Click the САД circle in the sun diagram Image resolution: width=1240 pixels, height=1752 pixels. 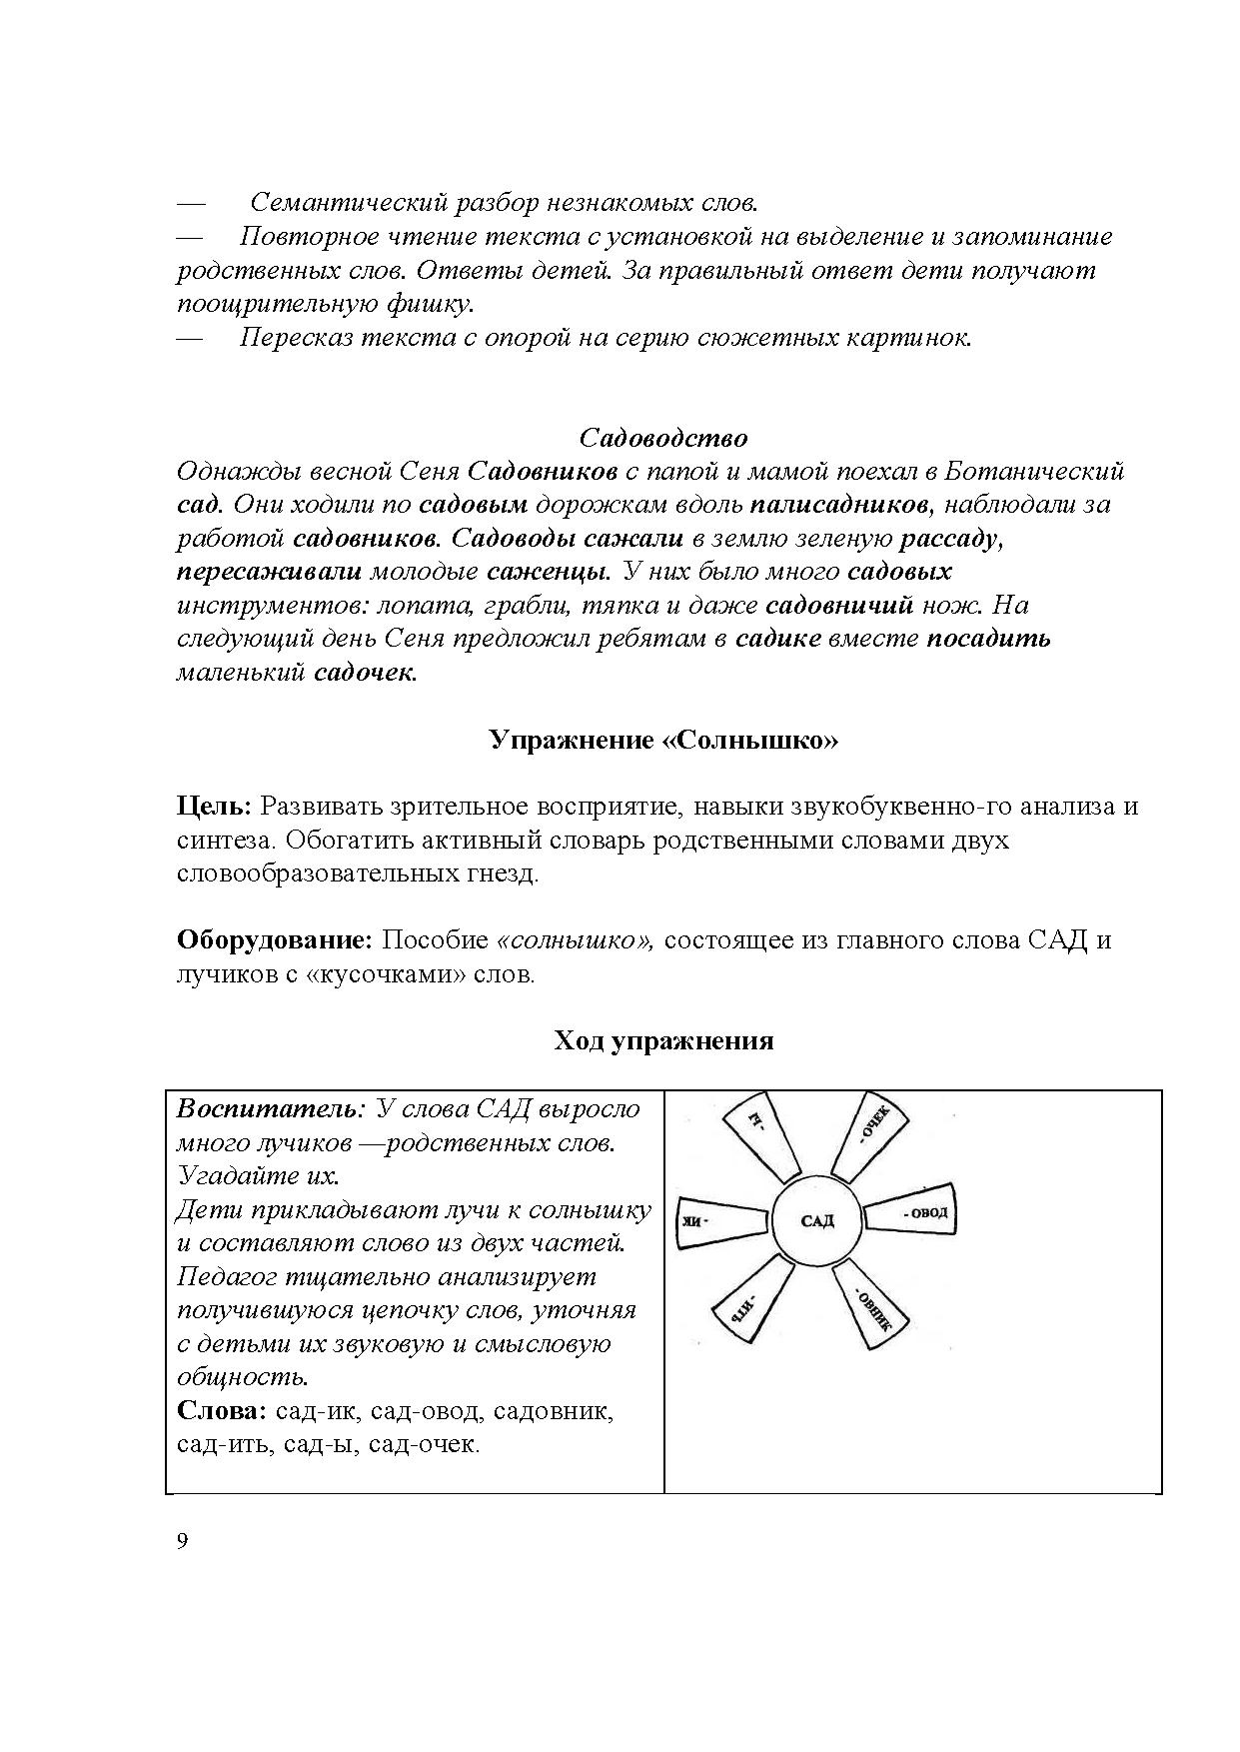[x=817, y=1220]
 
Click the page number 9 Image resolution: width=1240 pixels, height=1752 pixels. [x=182, y=1540]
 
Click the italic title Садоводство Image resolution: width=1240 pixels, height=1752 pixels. [x=663, y=438]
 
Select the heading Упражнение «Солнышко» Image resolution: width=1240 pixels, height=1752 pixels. [x=663, y=741]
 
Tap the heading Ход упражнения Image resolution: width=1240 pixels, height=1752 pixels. [x=663, y=1040]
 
